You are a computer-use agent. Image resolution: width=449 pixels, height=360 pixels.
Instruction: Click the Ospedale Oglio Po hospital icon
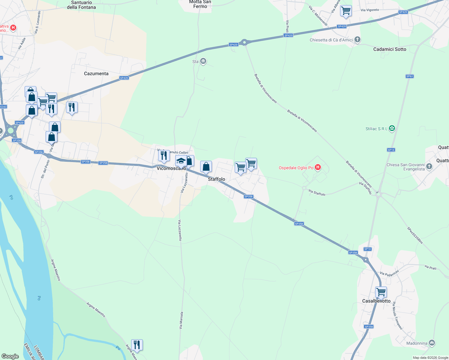click(x=318, y=167)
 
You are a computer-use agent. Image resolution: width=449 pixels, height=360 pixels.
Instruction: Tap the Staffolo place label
click(x=216, y=179)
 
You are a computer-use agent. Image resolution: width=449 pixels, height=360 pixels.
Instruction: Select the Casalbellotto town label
click(x=376, y=301)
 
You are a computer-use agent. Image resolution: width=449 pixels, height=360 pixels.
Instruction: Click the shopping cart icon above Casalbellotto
click(x=381, y=292)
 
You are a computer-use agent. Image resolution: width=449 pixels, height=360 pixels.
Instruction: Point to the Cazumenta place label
click(x=96, y=73)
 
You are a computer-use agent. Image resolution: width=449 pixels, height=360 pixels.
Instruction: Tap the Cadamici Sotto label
click(x=390, y=49)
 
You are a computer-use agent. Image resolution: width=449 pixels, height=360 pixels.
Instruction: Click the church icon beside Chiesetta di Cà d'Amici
click(x=357, y=40)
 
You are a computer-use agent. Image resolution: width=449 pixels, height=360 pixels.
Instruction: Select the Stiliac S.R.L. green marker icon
click(x=392, y=128)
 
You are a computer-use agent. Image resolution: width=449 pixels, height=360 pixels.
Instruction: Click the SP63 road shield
click(x=409, y=76)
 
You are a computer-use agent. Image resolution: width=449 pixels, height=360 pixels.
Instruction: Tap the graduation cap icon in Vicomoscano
click(x=181, y=160)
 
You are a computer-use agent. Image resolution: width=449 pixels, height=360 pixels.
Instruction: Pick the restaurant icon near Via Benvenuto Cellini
click(x=164, y=155)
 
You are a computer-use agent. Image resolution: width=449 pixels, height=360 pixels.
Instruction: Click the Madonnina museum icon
click(x=432, y=343)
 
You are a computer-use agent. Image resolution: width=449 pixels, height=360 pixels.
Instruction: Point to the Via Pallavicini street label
click(x=389, y=273)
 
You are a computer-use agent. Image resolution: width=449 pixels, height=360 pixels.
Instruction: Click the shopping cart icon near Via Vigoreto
click(x=346, y=11)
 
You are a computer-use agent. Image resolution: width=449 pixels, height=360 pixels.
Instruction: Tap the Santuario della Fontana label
click(x=81, y=5)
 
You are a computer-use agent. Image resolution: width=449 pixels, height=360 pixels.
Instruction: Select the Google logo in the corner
click(x=10, y=356)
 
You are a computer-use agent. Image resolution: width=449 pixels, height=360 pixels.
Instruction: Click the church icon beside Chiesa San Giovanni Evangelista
click(x=429, y=166)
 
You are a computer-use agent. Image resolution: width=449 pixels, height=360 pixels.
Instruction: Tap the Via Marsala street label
click(x=181, y=320)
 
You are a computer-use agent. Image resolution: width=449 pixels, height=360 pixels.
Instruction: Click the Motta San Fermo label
click(x=200, y=4)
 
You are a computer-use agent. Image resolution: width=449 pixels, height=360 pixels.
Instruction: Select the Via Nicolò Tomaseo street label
click(x=397, y=316)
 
